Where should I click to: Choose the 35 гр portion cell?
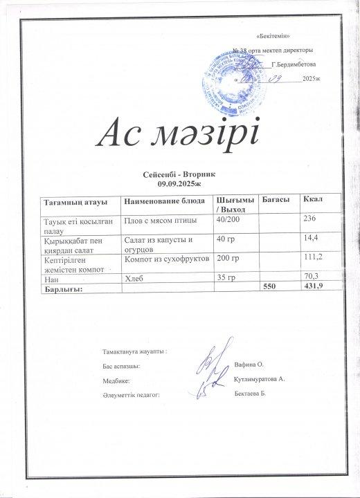pyautogui.click(x=226, y=278)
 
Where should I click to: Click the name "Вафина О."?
pyautogui.click(x=249, y=363)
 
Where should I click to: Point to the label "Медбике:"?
pyautogui.click(x=116, y=380)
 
